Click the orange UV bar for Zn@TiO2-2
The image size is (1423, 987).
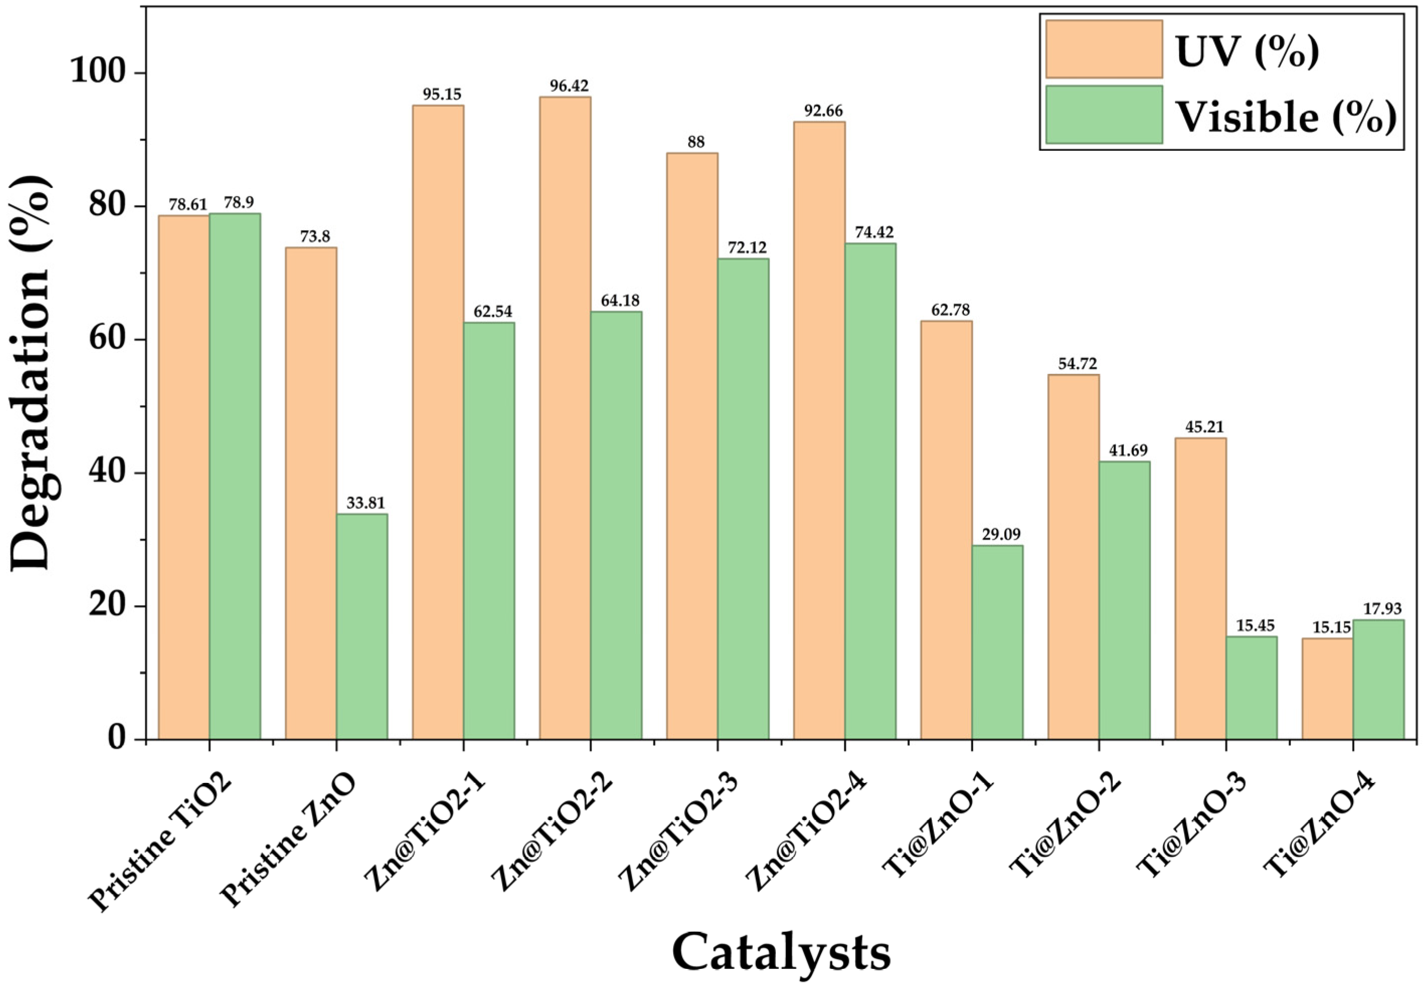pyautogui.click(x=564, y=418)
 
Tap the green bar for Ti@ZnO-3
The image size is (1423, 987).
pyautogui.click(x=1251, y=687)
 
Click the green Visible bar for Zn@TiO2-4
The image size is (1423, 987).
pyautogui.click(x=870, y=491)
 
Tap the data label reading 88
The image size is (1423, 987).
pyautogui.click(x=695, y=142)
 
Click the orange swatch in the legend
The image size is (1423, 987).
pyautogui.click(x=1104, y=49)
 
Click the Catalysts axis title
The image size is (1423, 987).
pyautogui.click(x=781, y=953)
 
